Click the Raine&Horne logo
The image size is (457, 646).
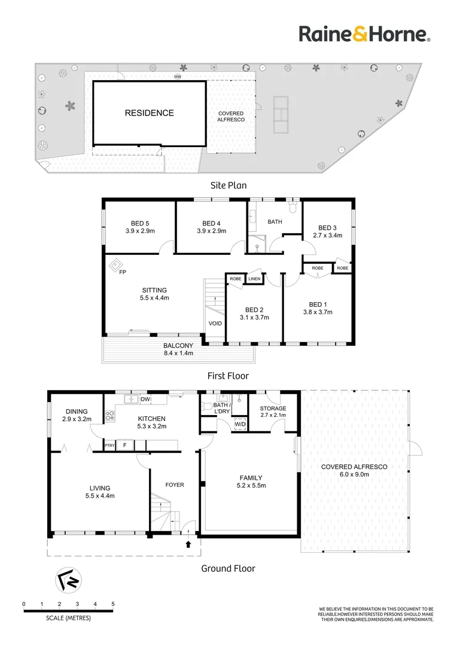pyautogui.click(x=365, y=34)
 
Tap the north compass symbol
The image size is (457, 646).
pyautogui.click(x=68, y=580)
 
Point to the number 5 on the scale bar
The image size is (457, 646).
pyautogui.click(x=113, y=604)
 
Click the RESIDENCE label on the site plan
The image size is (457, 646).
pyautogui.click(x=149, y=113)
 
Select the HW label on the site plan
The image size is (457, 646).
pyautogui.click(x=178, y=77)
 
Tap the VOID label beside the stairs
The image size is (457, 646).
pyautogui.click(x=215, y=324)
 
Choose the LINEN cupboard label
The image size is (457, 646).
pyautogui.click(x=254, y=279)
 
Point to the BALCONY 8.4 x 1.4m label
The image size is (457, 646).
pyautogui.click(x=178, y=349)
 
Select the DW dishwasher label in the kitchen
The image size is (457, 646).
pyautogui.click(x=145, y=399)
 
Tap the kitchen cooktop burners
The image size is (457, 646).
pyautogui.click(x=109, y=416)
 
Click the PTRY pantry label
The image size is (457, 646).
pyautogui.click(x=109, y=446)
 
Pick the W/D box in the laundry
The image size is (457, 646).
pyautogui.click(x=240, y=424)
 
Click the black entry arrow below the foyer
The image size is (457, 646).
pyautogui.click(x=188, y=544)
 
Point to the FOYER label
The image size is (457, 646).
pyautogui.click(x=175, y=485)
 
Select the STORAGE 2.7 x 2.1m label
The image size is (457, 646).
pyautogui.click(x=273, y=412)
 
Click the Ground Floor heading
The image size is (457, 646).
pyautogui.click(x=228, y=569)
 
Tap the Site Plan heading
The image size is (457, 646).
pyautogui.click(x=228, y=185)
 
